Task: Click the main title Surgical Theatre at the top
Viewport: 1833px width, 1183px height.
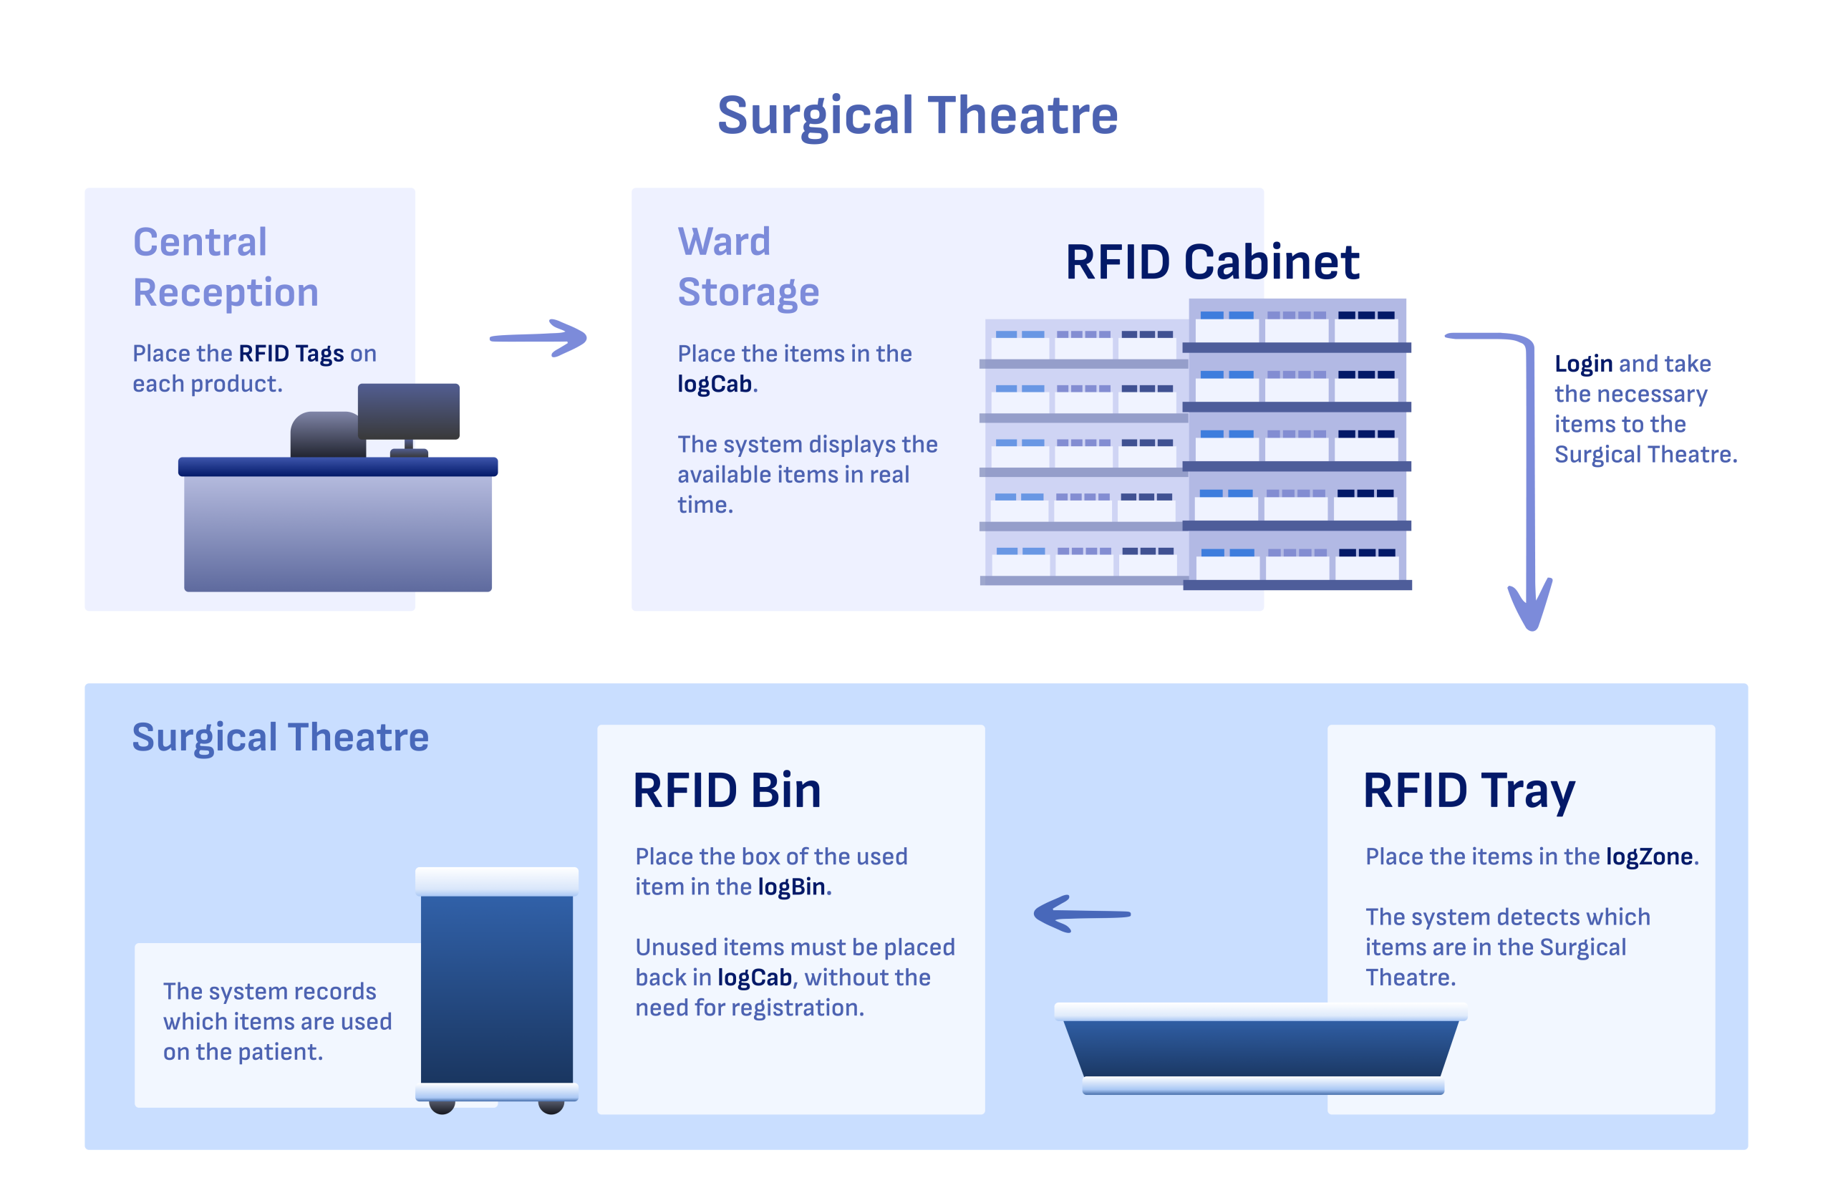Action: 917,115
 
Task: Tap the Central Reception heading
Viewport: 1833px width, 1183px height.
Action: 225,266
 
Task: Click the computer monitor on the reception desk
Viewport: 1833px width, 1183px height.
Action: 409,411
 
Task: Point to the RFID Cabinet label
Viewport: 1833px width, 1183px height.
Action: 1211,262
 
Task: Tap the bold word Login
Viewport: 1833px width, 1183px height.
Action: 1582,363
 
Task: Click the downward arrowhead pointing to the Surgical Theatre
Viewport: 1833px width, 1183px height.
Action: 1529,606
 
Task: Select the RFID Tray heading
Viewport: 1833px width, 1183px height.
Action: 1469,791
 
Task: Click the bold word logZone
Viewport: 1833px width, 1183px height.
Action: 1649,856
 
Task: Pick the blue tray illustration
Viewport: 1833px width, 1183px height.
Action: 1261,1048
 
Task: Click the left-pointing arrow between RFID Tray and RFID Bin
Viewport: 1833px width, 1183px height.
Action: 1081,913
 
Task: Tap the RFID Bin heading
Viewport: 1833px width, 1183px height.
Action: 727,791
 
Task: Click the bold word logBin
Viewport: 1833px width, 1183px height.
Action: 791,887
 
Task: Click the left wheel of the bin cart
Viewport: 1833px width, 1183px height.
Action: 442,1106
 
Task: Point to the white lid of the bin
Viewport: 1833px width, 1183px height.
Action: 496,880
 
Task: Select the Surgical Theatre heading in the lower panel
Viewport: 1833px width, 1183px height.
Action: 280,738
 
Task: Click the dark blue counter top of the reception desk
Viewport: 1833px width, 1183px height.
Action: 338,466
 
